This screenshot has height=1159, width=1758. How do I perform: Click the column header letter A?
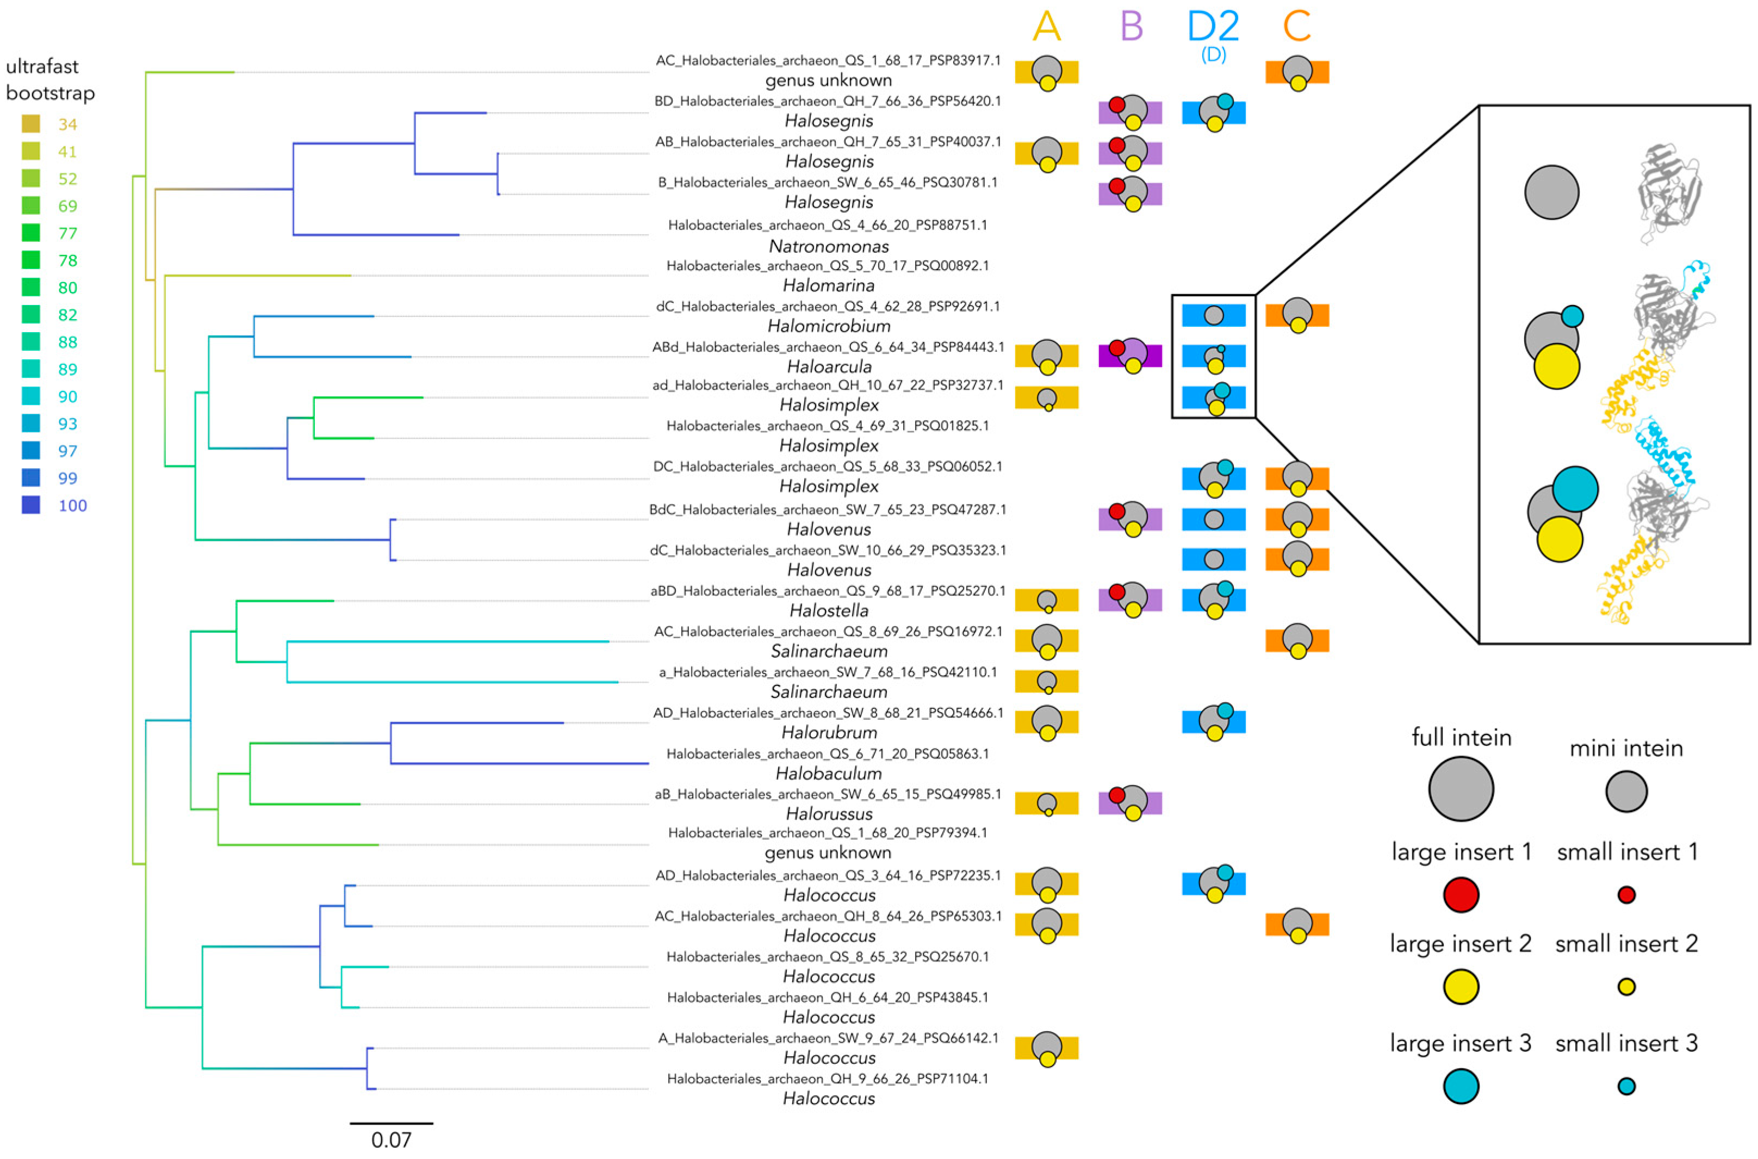1046,27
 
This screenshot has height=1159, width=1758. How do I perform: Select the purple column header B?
1131,27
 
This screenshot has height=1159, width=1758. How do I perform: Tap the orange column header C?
1297,27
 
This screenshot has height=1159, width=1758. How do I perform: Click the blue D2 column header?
1213,27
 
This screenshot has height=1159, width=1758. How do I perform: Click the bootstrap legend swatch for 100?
31,506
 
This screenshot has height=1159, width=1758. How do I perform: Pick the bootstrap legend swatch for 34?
31,124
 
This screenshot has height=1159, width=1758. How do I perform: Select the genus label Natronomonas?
829,246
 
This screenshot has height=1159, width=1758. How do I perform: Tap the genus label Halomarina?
829,285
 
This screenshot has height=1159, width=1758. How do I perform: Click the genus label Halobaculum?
829,773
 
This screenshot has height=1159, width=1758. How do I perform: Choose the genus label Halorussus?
829,814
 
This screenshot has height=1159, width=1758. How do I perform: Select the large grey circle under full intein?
1461,789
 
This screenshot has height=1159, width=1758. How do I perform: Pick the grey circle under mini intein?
1626,792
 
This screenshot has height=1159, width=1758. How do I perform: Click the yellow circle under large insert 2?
1461,987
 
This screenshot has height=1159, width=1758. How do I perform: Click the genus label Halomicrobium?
829,326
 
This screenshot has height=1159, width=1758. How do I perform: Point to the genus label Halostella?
829,610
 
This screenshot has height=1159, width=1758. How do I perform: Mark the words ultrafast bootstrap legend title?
50,80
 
